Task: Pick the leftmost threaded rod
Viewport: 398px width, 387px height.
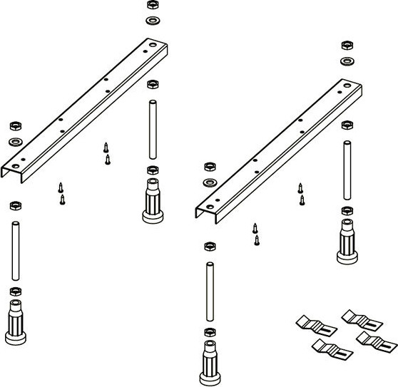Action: tap(14, 251)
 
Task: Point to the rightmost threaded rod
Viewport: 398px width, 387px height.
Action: tap(347, 170)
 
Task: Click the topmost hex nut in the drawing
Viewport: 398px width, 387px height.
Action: tap(152, 5)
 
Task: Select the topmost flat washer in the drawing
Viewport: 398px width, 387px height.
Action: tap(152, 19)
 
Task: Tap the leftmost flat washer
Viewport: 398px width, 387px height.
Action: tap(14, 142)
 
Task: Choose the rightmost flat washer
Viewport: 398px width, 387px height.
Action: tap(347, 61)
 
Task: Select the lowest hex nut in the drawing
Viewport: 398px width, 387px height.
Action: tap(208, 333)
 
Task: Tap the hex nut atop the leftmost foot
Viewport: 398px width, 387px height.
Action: tap(14, 291)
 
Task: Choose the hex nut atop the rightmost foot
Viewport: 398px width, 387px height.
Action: tap(347, 211)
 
